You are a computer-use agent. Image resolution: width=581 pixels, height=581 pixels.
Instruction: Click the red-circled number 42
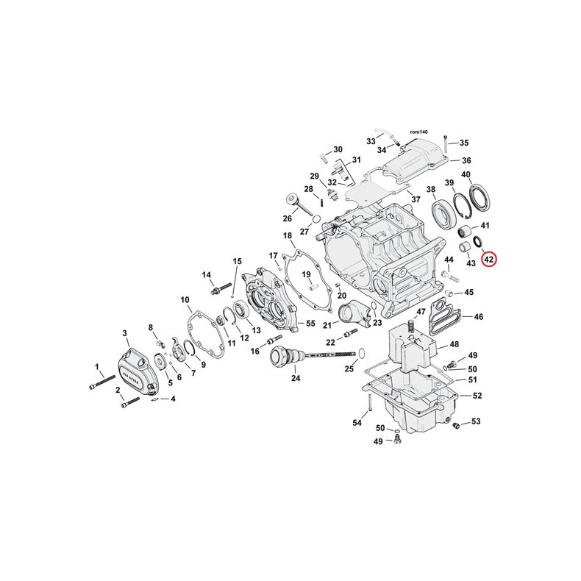tap(490, 259)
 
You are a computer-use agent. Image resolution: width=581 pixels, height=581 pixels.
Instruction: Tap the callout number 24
tap(296, 379)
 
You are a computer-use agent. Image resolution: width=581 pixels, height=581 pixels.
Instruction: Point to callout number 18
tap(288, 235)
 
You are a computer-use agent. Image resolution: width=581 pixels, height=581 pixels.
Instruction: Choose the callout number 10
tap(185, 300)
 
